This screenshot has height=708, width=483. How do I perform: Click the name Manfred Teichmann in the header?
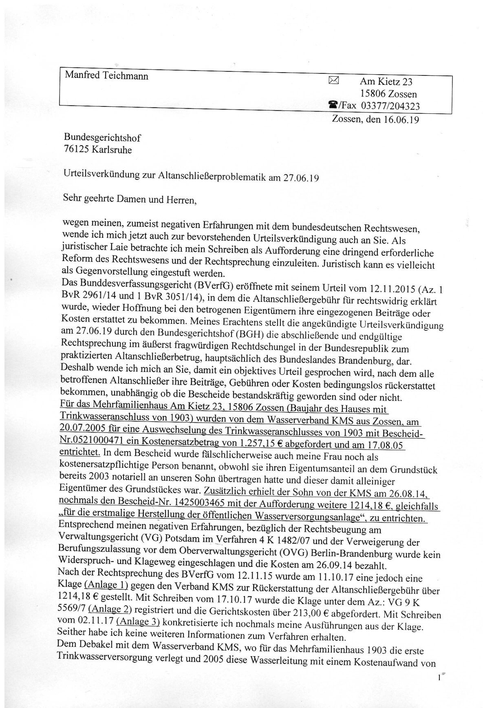point(106,76)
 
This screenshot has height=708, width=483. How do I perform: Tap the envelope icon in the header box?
point(333,81)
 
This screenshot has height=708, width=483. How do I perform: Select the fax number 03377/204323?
point(388,106)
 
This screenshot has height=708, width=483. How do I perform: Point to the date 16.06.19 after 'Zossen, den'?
point(401,119)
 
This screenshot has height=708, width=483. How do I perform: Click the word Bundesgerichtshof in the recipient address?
point(102,138)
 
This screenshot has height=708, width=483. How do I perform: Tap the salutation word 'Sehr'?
point(72,199)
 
